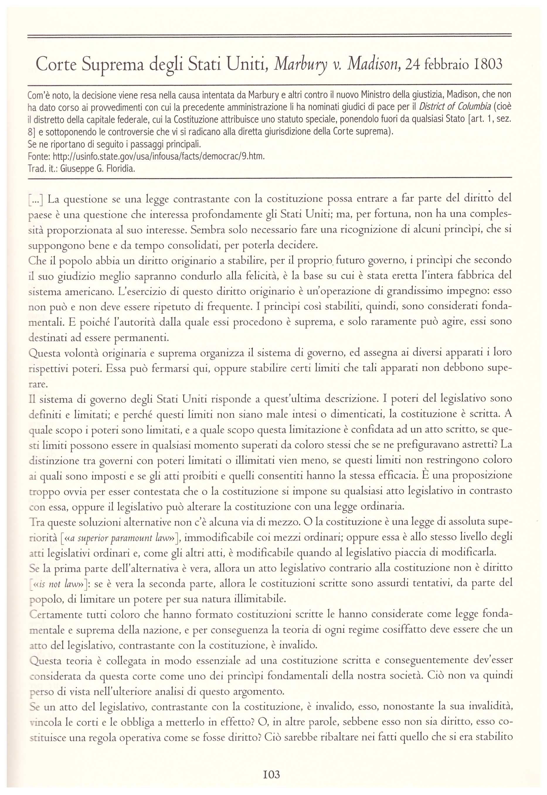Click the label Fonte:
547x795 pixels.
pyautogui.click(x=39, y=157)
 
